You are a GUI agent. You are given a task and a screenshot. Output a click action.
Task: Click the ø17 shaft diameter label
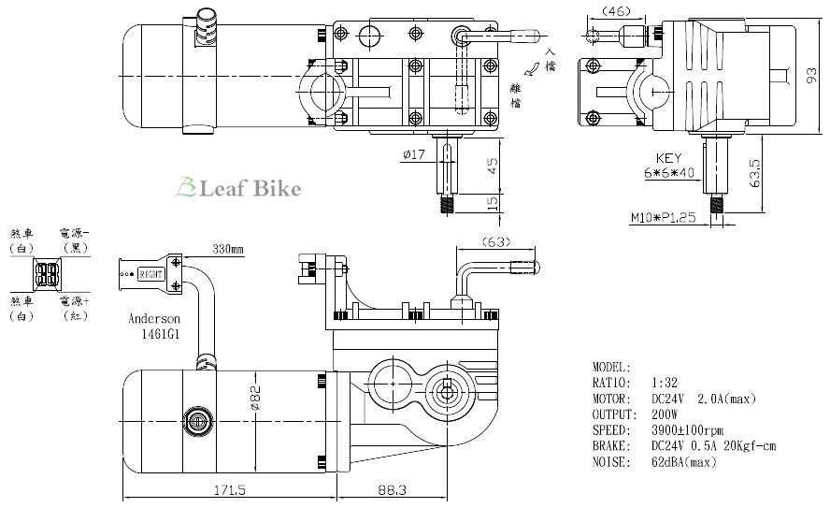(x=414, y=154)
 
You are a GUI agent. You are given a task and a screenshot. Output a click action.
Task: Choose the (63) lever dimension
(x=495, y=242)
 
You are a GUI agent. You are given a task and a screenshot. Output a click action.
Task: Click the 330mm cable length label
(x=228, y=250)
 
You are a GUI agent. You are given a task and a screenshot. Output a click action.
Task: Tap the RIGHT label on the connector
(x=150, y=275)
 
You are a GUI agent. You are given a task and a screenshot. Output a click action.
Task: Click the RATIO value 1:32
(x=664, y=383)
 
